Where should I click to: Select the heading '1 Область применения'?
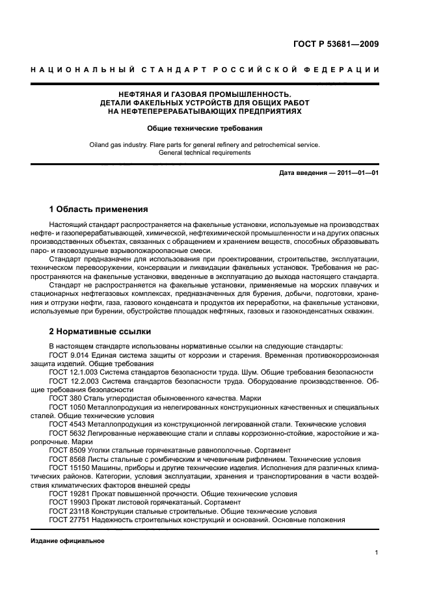(99, 209)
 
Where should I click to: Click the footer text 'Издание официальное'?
(68, 540)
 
